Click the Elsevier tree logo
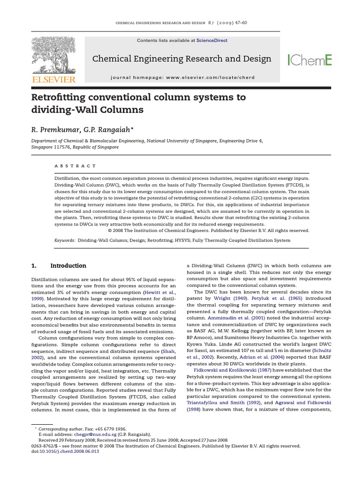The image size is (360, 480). (x=53, y=55)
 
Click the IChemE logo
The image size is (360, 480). (x=309, y=60)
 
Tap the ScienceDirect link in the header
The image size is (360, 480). (x=212, y=41)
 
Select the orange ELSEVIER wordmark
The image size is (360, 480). (x=53, y=80)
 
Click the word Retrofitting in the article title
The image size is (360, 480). (x=61, y=97)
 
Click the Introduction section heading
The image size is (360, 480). (x=68, y=266)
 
